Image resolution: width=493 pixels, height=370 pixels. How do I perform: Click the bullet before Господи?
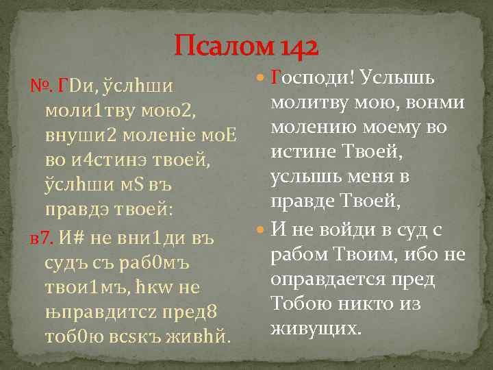coord(261,80)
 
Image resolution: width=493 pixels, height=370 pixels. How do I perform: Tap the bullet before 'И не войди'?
coord(261,230)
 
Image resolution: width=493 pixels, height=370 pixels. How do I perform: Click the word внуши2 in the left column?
coord(72,135)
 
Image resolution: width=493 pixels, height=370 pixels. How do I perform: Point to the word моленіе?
coord(155,135)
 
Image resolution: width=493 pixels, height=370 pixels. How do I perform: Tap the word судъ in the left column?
coord(62,262)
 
